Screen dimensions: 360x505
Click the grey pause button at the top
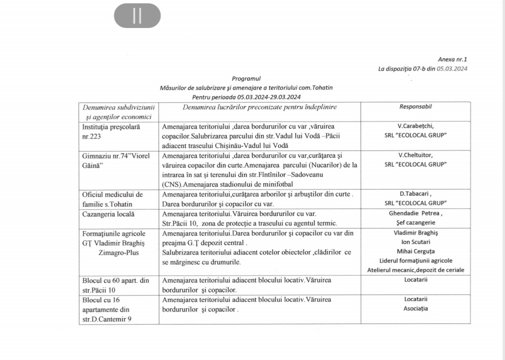[x=137, y=16]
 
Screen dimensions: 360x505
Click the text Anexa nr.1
[x=452, y=59]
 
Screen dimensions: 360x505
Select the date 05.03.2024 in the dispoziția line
[x=452, y=68]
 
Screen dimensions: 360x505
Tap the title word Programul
[x=246, y=78]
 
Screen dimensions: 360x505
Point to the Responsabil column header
[x=415, y=106]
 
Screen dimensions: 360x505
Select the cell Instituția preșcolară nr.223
[x=111, y=131]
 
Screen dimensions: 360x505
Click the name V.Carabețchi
[x=415, y=126]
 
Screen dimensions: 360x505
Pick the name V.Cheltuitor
[x=415, y=155]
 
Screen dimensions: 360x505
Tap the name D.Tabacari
[x=415, y=193]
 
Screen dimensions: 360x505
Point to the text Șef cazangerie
[x=415, y=222]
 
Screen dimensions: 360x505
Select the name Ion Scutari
[x=415, y=242]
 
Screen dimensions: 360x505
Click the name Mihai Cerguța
[x=415, y=251]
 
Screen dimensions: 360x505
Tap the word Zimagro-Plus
[x=119, y=252]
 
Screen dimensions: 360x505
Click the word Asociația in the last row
[x=415, y=308]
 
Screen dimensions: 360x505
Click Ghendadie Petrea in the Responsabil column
[x=415, y=213]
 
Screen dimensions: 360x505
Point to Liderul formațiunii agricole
[x=415, y=260]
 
